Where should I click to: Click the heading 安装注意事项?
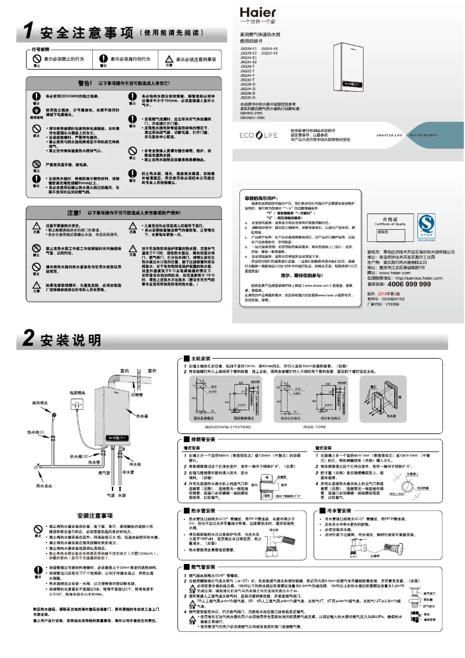coord(95,516)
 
